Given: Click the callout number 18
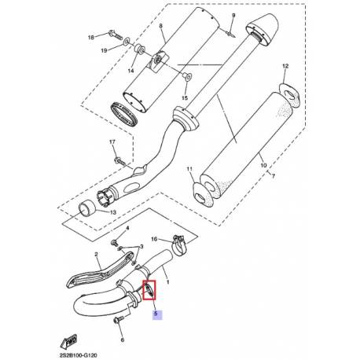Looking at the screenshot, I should [x=91, y=37].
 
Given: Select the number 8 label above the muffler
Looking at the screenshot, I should [x=161, y=27].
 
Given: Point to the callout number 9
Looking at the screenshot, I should [x=233, y=16].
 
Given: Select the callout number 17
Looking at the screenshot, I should [x=113, y=141].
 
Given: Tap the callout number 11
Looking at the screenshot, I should [x=189, y=170].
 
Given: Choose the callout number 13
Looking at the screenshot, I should [x=114, y=212].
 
